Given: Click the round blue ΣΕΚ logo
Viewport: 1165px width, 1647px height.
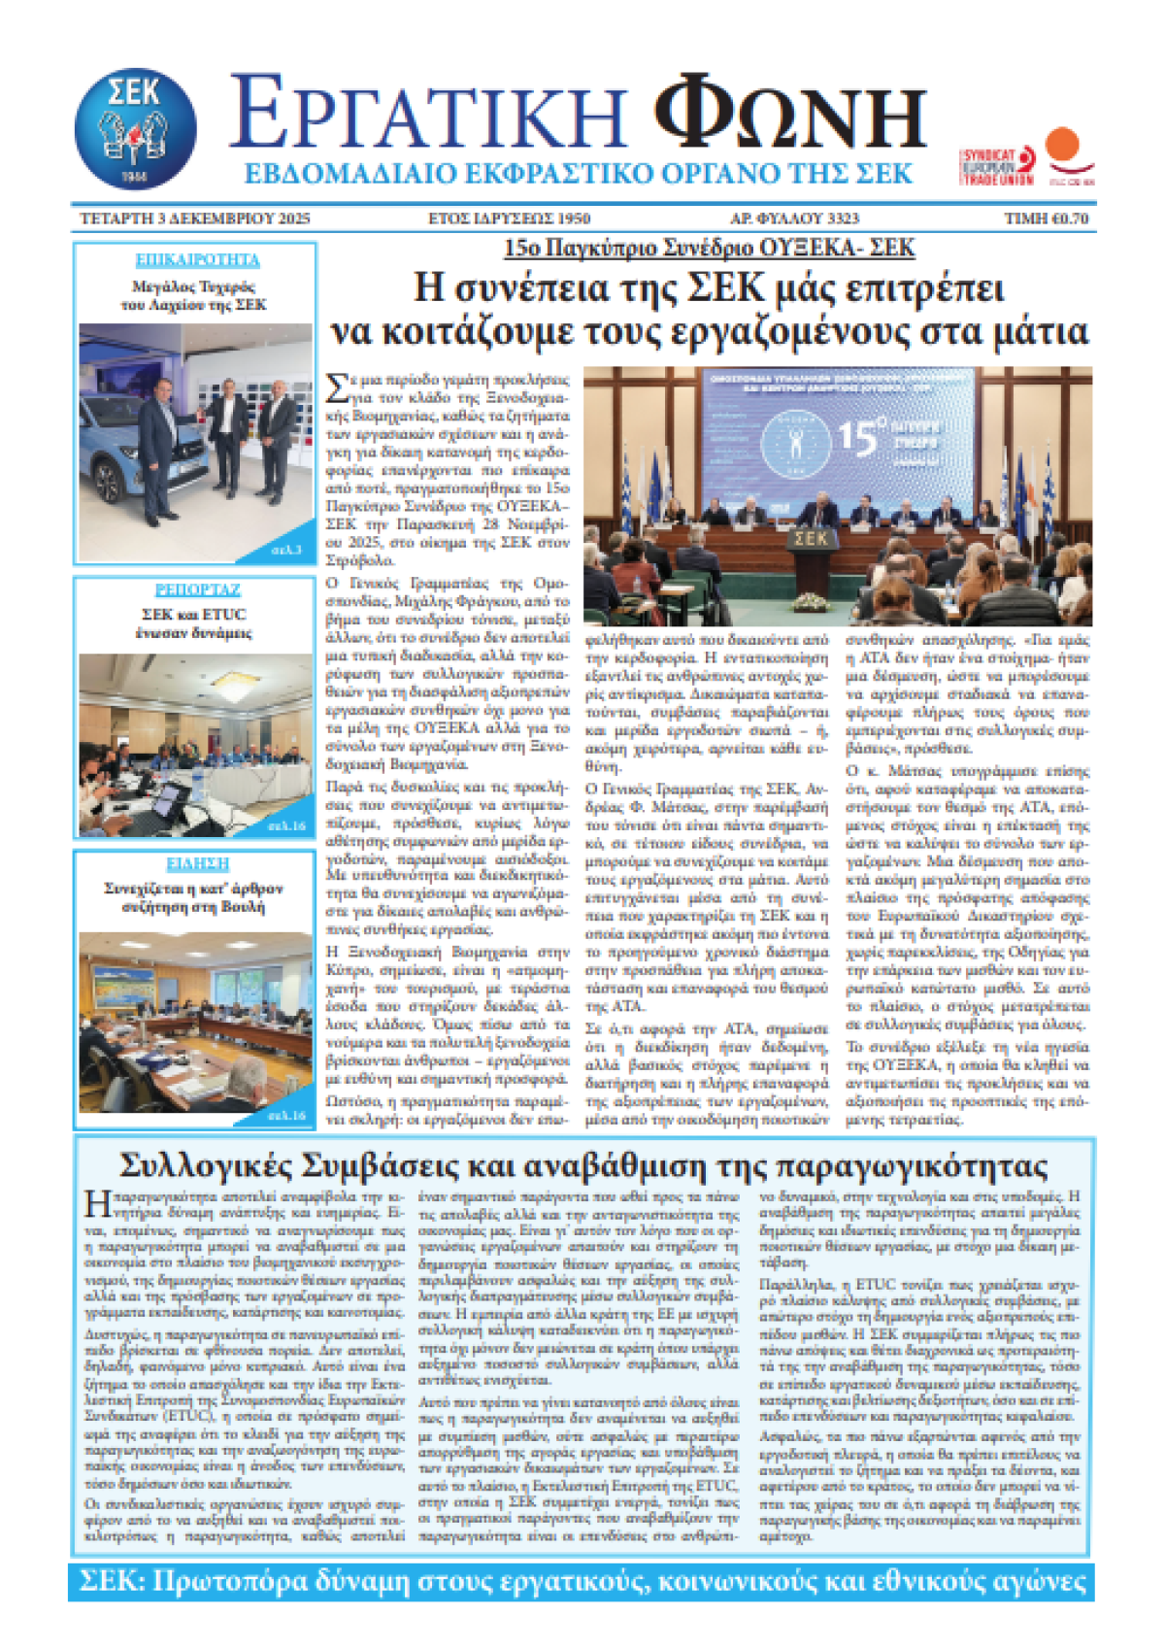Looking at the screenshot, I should tap(135, 128).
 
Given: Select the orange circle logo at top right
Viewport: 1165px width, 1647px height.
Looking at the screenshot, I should tap(1065, 145).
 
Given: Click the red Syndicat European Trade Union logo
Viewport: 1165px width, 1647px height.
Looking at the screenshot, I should tap(996, 166).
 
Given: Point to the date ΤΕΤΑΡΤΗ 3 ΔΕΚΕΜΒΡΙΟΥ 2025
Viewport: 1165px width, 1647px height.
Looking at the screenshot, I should tap(194, 218).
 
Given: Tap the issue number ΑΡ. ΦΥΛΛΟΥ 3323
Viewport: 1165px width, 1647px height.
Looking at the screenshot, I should tap(794, 218).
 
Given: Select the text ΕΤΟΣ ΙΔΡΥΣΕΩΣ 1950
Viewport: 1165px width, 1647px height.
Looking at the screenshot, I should tap(509, 218).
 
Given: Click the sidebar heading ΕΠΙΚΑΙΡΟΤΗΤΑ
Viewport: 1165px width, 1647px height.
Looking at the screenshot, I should tap(197, 260).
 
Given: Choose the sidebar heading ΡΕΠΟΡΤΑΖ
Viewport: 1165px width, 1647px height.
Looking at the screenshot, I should tap(197, 590).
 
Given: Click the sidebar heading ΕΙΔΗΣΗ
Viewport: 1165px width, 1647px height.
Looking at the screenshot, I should tap(197, 863).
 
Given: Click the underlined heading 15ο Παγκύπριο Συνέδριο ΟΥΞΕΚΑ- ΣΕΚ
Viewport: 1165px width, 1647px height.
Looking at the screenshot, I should tap(709, 249).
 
